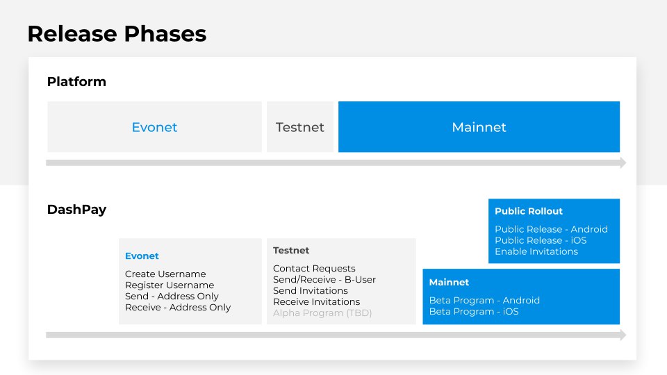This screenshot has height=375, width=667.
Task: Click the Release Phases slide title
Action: [x=117, y=34]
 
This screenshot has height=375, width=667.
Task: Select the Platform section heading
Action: [x=76, y=82]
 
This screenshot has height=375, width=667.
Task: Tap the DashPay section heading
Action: [x=76, y=210]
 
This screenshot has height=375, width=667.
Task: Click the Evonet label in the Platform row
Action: [x=154, y=127]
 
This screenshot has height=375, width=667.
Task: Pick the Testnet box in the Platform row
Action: [x=300, y=126]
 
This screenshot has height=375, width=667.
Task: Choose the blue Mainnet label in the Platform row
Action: [x=479, y=127]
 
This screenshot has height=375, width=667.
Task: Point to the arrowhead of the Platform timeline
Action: [x=623, y=162]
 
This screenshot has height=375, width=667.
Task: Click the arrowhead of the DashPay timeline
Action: [x=623, y=335]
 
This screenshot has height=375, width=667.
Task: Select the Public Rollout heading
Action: [x=528, y=211]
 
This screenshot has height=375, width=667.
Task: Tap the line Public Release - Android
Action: [x=551, y=229]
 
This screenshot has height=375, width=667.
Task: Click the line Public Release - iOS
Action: [x=541, y=240]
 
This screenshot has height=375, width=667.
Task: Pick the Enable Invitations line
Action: [x=536, y=251]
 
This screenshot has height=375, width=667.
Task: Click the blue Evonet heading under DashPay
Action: [x=142, y=256]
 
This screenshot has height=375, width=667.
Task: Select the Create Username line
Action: [x=165, y=274]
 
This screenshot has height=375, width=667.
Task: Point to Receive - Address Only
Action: [x=178, y=308]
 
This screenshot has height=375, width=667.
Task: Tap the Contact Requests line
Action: [x=314, y=268]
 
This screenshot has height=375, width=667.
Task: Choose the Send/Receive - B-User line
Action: [x=324, y=279]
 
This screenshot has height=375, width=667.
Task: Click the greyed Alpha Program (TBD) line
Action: [x=322, y=313]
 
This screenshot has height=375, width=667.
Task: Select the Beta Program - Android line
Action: [x=484, y=300]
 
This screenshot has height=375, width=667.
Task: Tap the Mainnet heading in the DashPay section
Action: [x=449, y=283]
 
